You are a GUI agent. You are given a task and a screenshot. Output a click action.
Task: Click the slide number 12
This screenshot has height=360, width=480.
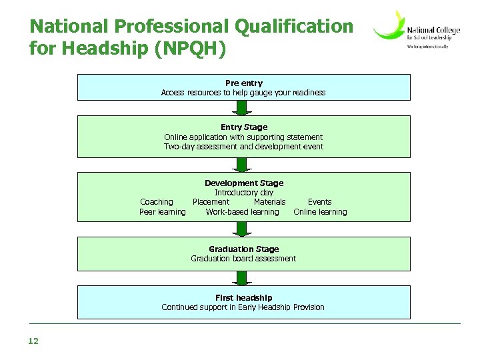[33, 341]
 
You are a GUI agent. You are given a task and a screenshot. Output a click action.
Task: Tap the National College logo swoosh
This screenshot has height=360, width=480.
[389, 27]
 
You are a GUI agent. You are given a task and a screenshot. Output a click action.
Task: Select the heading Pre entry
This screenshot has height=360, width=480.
[243, 83]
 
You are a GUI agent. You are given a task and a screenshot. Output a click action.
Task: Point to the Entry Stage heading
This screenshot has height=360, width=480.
[243, 127]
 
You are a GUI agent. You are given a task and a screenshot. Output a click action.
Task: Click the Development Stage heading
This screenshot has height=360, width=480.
[243, 183]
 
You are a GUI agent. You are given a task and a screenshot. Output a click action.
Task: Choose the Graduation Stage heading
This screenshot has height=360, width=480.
[243, 249]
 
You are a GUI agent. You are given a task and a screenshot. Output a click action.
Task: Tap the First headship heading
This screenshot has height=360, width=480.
[243, 297]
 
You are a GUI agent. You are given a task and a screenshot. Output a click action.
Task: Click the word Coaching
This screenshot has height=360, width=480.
[157, 202]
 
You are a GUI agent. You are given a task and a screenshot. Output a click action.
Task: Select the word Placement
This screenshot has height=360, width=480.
[211, 202]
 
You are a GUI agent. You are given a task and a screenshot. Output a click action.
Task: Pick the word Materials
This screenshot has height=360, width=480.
[269, 202]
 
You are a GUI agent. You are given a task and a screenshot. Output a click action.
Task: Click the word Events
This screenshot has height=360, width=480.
[319, 202]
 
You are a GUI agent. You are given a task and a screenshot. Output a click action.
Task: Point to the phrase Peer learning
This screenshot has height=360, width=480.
[163, 212]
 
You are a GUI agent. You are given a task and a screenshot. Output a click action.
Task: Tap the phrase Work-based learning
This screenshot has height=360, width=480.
[242, 212]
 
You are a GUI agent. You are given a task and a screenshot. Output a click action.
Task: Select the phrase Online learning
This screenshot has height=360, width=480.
[320, 212]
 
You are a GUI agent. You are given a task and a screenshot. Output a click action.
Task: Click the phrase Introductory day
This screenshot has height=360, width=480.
[243, 193]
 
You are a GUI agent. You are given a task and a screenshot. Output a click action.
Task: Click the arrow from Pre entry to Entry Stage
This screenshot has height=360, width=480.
[243, 107]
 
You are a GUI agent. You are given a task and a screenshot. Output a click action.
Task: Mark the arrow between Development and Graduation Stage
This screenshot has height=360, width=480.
[243, 229]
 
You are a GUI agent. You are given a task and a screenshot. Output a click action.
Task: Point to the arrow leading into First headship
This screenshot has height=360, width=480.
[243, 277]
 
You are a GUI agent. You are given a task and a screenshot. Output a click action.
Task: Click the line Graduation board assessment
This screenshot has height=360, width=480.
[243, 259]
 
